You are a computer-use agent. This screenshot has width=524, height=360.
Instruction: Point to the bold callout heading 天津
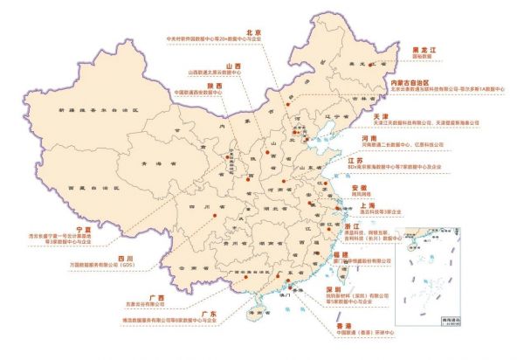(x=381, y=115)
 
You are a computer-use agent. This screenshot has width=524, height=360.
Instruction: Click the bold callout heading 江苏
(x=380, y=161)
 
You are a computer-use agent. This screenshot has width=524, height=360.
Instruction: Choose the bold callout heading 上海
(x=381, y=204)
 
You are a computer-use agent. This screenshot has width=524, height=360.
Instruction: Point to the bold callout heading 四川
(x=124, y=260)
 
